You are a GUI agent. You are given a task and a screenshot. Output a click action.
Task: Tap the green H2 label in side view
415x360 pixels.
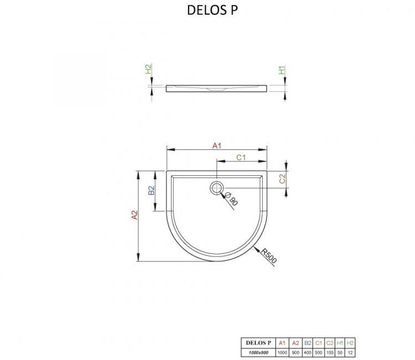coord(148,70)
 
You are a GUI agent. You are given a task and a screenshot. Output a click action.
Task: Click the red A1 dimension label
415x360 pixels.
coord(217,145)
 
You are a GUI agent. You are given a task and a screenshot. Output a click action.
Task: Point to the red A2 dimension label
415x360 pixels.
coord(133,216)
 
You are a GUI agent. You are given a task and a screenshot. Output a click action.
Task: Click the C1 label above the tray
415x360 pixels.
coord(241,158)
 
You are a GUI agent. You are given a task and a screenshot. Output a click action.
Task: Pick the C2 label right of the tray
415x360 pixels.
coord(282,179)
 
